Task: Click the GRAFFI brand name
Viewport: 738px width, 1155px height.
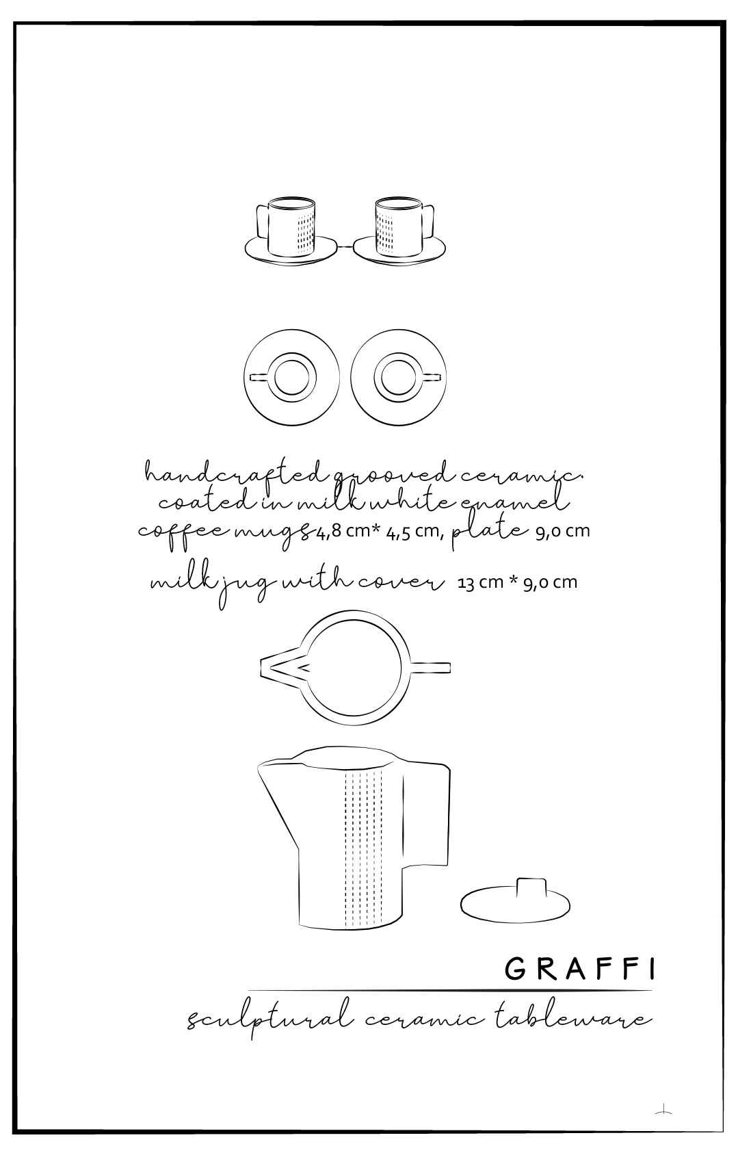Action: point(579,970)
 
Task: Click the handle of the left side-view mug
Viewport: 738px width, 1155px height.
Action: point(263,221)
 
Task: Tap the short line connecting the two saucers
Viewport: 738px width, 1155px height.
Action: point(345,248)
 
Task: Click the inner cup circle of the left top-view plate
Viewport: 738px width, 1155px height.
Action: point(291,377)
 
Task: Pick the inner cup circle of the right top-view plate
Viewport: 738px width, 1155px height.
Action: point(398,377)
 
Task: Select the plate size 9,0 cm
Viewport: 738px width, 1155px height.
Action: point(562,532)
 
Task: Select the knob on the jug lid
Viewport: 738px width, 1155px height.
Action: point(531,890)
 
